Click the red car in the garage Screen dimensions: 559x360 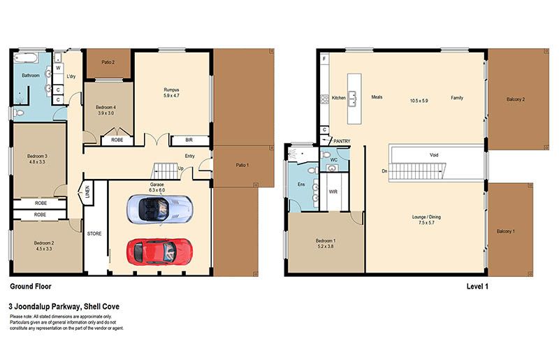(160, 252)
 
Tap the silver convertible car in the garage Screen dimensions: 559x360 (160, 210)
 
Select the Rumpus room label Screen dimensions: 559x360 (171, 89)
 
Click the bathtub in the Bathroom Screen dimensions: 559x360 (26, 58)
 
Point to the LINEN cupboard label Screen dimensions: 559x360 (87, 192)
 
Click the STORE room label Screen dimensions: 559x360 (94, 233)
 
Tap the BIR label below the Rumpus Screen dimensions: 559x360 (189, 141)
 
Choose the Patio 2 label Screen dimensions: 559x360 (108, 62)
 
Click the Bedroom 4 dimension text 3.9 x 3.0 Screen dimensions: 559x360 (106, 113)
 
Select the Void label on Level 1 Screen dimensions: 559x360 (434, 155)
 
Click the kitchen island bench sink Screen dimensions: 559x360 (352, 99)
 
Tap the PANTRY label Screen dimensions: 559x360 (342, 141)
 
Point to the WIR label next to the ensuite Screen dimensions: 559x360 (333, 192)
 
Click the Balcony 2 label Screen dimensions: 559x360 (516, 99)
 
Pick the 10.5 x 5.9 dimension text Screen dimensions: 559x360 (419, 101)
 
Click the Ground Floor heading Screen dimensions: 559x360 (31, 286)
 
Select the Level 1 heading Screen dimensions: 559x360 (477, 286)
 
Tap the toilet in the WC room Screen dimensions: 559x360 (326, 155)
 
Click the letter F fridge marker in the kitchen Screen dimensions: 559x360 (324, 59)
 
